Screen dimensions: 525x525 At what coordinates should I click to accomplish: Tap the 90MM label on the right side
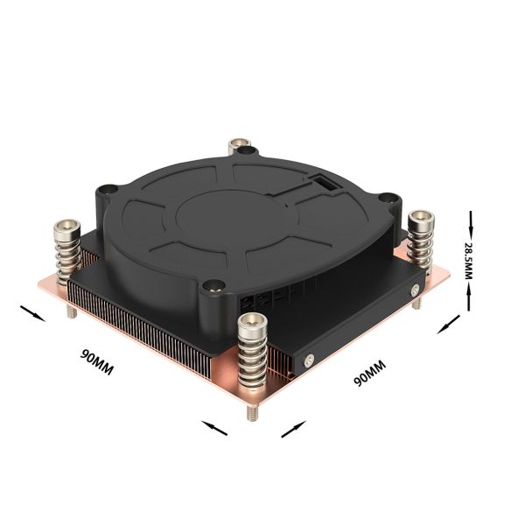click(369, 372)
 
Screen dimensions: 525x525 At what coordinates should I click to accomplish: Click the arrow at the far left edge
click(29, 312)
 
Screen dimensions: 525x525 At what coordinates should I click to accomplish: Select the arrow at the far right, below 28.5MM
click(448, 325)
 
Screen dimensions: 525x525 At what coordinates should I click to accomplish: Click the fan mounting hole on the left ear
click(107, 190)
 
